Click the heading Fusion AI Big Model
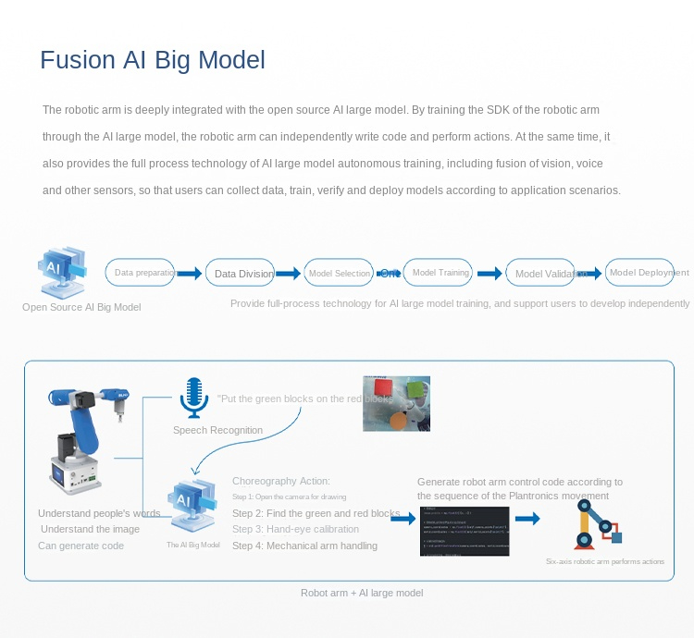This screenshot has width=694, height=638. tap(153, 60)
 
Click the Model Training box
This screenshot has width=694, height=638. tap(439, 273)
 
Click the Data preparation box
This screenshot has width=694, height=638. tap(141, 272)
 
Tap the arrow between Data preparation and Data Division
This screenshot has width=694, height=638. tap(190, 273)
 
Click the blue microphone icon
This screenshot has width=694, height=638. tap(192, 397)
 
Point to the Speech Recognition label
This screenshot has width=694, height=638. tap(217, 430)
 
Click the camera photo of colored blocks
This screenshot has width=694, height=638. tap(396, 403)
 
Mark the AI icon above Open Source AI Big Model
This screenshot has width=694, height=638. tap(63, 270)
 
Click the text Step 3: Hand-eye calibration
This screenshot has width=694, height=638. tap(295, 529)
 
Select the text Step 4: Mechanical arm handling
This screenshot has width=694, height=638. tap(304, 546)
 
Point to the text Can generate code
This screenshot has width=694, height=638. tap(81, 546)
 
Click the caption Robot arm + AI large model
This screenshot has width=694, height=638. tap(362, 593)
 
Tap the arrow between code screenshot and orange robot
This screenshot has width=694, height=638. tap(527, 519)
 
